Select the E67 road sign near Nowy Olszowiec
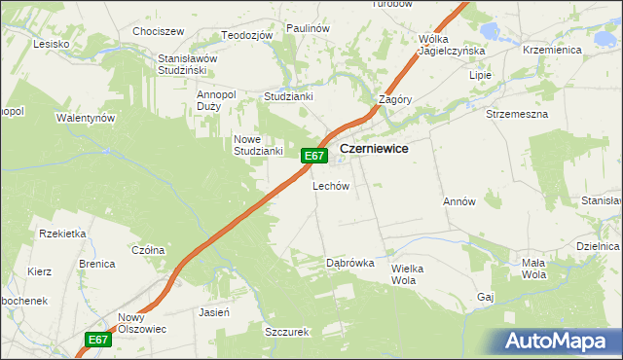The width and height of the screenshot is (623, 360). pos(97,340)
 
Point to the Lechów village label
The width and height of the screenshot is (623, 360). pos(330,186)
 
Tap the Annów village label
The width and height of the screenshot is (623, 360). pos(458,202)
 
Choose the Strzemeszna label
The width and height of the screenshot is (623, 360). pos(517,114)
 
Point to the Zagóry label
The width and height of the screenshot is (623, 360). pos(396,100)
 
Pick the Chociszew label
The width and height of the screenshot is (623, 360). pos(159,31)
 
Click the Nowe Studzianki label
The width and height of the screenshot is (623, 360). pos(257,145)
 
